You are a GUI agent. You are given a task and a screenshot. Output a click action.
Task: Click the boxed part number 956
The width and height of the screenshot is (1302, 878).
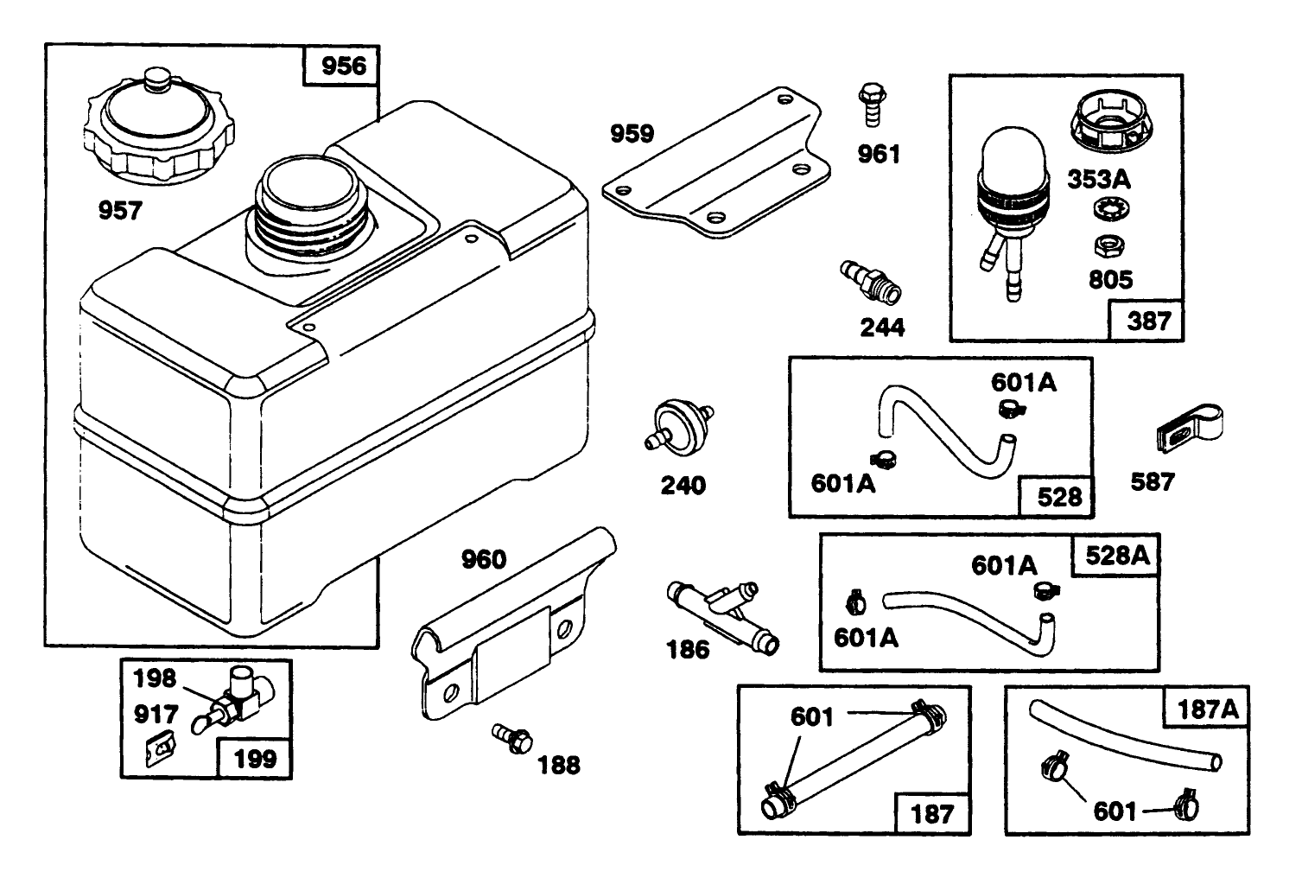(342, 66)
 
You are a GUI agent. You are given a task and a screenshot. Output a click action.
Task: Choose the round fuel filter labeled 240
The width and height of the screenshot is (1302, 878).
(678, 425)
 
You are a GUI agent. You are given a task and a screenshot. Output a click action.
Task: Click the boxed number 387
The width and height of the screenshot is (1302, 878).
(1147, 321)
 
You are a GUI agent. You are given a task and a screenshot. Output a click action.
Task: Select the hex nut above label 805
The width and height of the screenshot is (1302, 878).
(1105, 245)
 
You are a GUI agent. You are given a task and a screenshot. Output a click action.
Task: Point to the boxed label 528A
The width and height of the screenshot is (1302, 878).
(1116, 556)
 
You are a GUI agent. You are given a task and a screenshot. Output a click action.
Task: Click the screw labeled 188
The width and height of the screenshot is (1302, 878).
(513, 737)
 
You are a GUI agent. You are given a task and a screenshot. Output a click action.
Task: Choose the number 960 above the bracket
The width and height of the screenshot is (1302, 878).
(483, 560)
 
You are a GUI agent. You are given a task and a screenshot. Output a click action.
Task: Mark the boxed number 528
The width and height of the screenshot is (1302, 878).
(1058, 497)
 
